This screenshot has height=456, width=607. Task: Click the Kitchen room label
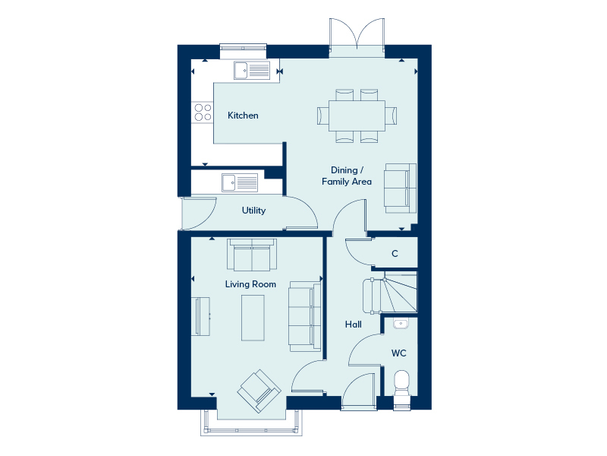(x=243, y=116)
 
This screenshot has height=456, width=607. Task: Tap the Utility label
(x=253, y=211)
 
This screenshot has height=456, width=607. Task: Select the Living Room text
(x=250, y=284)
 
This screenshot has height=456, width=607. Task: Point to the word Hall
(x=354, y=325)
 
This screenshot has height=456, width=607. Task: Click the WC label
(x=399, y=353)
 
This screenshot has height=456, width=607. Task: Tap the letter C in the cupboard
(x=395, y=254)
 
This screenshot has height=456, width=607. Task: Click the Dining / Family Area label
(x=347, y=176)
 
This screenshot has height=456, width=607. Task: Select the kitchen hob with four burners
(x=203, y=112)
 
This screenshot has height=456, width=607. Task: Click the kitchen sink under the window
(x=252, y=71)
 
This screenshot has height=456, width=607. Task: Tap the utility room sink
(x=240, y=182)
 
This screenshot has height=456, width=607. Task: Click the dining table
(x=357, y=116)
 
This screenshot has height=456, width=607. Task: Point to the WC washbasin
(x=401, y=324)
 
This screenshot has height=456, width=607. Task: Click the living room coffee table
(x=253, y=318)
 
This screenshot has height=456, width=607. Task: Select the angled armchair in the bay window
(x=259, y=391)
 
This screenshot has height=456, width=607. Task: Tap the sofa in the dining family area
(x=401, y=188)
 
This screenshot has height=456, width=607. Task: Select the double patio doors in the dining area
(x=357, y=37)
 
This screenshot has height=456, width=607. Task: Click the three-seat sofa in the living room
(x=305, y=317)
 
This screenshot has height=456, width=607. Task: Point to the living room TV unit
(x=200, y=316)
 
